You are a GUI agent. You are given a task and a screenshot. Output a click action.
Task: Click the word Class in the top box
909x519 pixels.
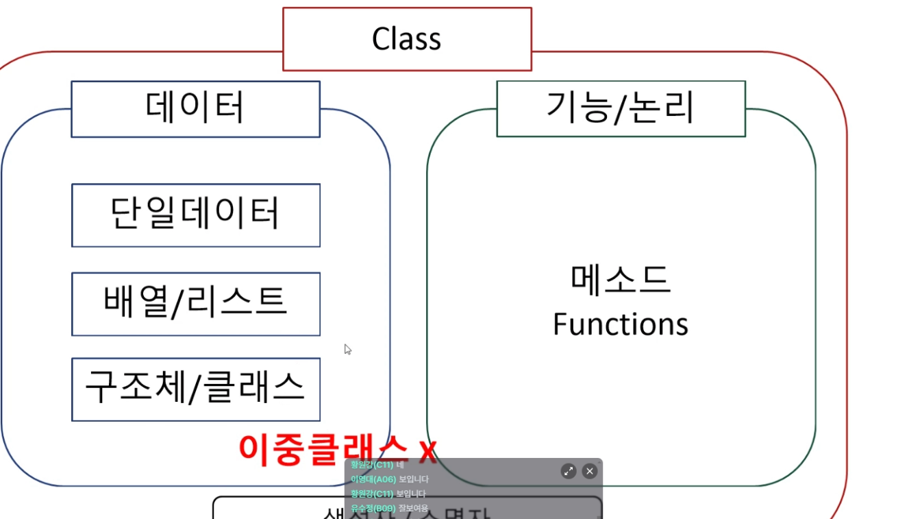406,39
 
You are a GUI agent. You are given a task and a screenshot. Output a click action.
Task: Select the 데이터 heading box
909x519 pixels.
195,108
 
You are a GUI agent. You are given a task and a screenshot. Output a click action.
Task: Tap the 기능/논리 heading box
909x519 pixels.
621,108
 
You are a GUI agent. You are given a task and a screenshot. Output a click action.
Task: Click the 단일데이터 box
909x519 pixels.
195,215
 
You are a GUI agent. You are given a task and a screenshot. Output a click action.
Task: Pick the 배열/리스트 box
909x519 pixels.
195,303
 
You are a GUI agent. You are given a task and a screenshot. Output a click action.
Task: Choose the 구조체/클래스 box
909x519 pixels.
195,389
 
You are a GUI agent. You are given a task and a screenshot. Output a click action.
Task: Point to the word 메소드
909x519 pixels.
621,280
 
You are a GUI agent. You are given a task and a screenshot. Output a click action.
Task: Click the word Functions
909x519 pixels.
621,324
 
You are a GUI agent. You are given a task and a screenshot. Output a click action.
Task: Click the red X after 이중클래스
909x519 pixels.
427,450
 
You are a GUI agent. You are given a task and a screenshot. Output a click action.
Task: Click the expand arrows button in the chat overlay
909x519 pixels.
569,471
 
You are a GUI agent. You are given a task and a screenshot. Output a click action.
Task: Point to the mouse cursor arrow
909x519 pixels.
347,349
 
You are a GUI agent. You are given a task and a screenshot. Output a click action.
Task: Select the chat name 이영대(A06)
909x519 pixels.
373,479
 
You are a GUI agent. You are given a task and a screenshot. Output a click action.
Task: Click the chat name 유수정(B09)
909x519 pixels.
373,508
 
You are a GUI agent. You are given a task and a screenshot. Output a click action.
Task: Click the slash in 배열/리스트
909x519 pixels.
177,303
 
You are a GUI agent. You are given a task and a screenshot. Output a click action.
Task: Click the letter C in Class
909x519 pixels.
382,39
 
